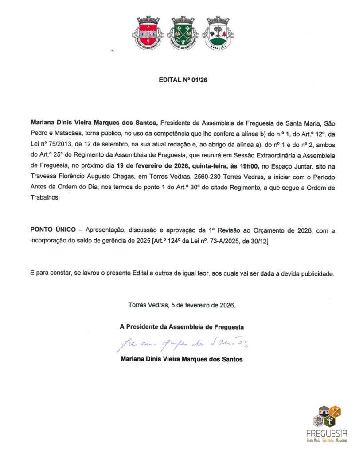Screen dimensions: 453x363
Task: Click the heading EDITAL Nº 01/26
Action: [x=183, y=80]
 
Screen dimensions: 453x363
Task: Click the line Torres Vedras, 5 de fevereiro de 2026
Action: [x=182, y=305]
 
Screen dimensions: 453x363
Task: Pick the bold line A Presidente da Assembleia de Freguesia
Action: [x=182, y=327]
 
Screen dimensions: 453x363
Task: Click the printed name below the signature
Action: [x=182, y=359]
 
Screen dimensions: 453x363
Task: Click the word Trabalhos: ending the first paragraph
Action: [x=44, y=198]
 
